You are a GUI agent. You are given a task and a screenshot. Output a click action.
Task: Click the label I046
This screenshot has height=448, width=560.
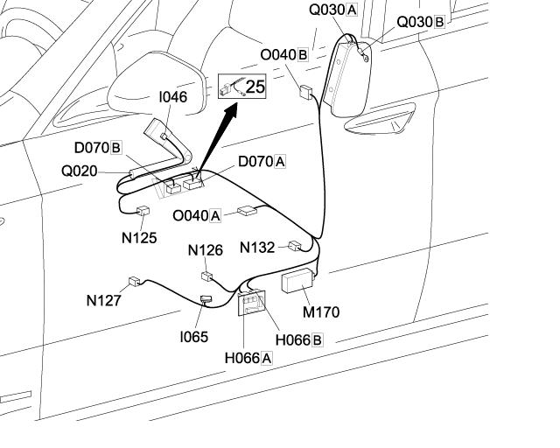(172, 97)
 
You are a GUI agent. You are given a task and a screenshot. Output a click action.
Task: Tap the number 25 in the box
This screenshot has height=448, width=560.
(255, 86)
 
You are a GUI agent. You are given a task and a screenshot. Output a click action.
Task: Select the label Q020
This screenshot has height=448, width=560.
(79, 171)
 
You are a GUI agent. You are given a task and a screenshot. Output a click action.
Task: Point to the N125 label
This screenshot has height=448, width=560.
(139, 237)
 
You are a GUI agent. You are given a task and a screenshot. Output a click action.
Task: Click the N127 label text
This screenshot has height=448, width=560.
(103, 300)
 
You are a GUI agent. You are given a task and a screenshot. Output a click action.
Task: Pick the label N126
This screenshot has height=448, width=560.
(206, 250)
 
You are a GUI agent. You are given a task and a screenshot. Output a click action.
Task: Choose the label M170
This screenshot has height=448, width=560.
(321, 311)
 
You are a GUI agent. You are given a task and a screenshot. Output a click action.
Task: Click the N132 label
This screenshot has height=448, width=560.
(257, 248)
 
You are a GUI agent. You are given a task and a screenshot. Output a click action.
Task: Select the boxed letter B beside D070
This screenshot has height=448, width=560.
(115, 147)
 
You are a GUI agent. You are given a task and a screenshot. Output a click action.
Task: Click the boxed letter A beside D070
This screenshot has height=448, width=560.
(280, 161)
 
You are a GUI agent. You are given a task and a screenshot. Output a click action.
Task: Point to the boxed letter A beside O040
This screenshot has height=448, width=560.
(215, 214)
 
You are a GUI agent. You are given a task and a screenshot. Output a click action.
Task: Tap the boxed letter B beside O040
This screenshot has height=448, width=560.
(303, 54)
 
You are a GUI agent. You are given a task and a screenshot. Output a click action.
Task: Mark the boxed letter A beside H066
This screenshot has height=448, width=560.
(266, 357)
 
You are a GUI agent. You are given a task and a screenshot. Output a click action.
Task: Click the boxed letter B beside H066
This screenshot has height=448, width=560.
(317, 339)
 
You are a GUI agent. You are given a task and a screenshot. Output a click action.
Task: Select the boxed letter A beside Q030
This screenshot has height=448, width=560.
(352, 10)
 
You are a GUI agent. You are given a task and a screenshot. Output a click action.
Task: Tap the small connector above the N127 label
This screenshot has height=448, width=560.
(134, 281)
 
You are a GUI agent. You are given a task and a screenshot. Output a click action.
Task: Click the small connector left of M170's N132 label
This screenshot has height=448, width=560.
(295, 247)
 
